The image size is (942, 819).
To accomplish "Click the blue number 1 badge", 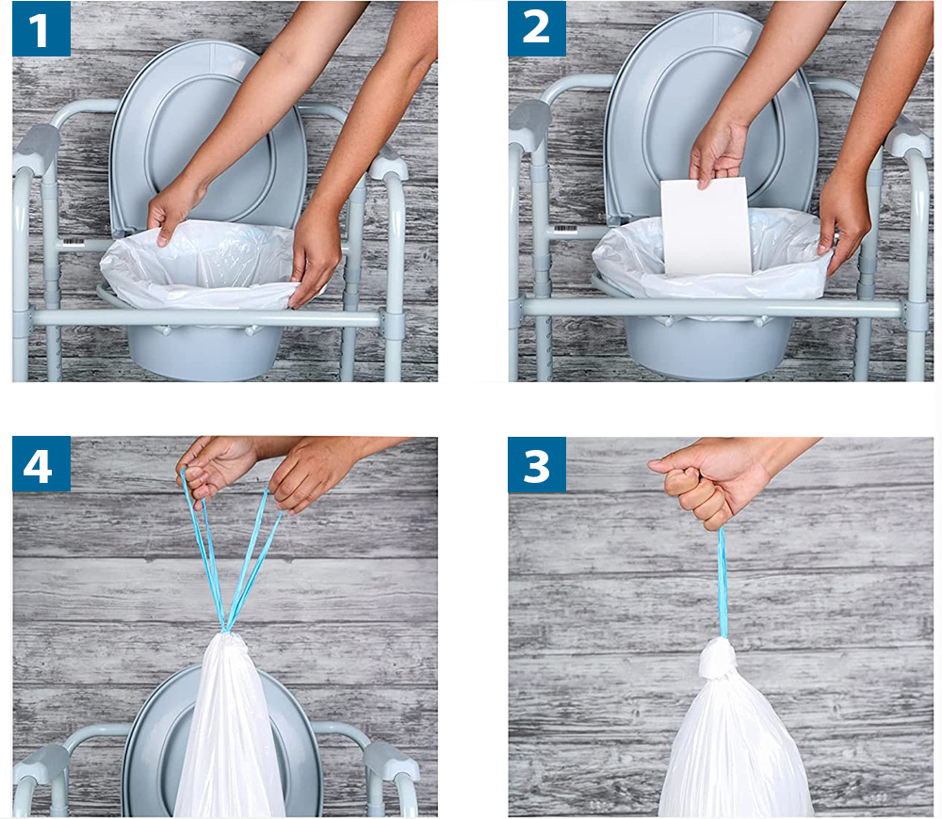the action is coord(41,29).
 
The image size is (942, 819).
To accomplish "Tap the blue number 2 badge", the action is coord(537,29).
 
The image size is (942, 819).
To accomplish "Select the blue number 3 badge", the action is coord(537,465).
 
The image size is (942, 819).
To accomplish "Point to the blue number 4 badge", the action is coord(41,464).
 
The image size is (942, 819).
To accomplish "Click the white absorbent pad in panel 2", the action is coord(706,227).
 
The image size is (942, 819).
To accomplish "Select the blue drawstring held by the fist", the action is coord(723,583).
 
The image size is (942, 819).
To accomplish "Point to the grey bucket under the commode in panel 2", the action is coord(709,347).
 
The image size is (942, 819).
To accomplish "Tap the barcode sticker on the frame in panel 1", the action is coord(73,241).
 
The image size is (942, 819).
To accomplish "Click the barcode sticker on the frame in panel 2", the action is coord(565,229).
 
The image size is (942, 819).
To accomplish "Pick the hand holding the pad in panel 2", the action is coord(718,153).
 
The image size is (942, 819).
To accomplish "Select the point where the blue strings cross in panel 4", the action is coord(226,628).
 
